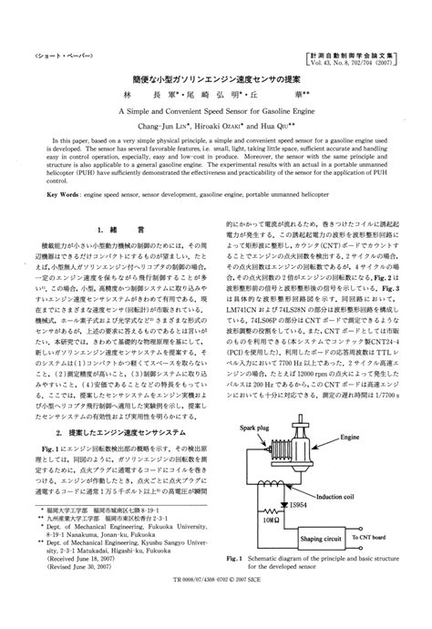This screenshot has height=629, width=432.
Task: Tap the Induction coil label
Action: coord(360,498)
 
